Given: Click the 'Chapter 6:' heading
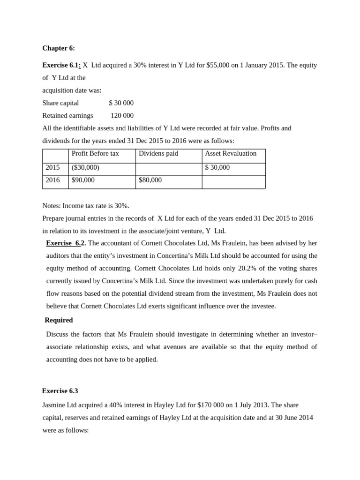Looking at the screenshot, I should [59, 48].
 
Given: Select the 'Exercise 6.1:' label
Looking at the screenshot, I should [61, 65].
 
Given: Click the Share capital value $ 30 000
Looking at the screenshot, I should [121, 103].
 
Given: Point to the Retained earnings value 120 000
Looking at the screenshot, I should [122, 115].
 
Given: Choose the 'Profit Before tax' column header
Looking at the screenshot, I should [95, 154].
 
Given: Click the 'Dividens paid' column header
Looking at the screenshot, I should [158, 154].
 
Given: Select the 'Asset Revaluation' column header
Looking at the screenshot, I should [231, 154].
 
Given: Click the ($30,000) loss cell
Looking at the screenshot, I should [85, 167].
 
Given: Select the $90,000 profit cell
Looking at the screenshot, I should [83, 180].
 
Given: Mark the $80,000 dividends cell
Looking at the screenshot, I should [150, 180].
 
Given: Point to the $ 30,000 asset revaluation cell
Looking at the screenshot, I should [217, 167].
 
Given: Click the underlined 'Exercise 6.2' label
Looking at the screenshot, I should [66, 243].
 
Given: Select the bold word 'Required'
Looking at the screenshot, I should [59, 320].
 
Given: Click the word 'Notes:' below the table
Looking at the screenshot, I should [52, 206].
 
